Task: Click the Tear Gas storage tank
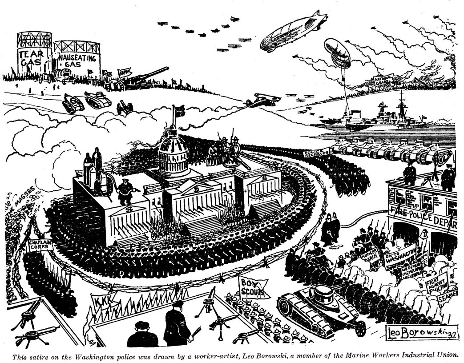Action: [34, 56]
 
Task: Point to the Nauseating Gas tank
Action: [77, 60]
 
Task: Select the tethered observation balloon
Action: [337, 52]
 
